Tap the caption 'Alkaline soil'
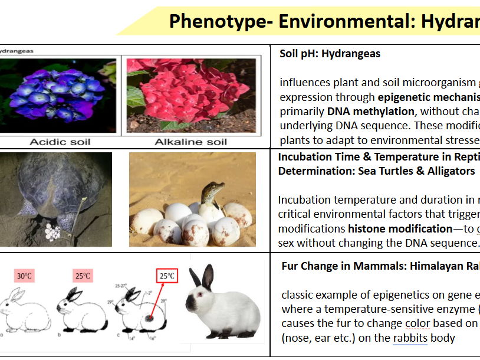coord(190,142)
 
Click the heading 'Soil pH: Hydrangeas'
coord(330,54)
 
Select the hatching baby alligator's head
coord(211,192)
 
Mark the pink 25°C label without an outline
coord(83,275)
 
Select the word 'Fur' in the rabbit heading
coord(290,266)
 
